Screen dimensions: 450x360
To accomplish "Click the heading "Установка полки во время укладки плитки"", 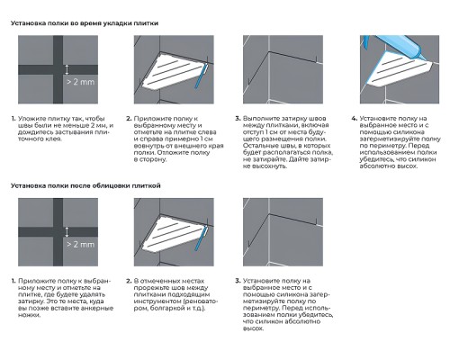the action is pos(85,23).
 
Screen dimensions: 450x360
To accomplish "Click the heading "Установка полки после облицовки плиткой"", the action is pos(85,185).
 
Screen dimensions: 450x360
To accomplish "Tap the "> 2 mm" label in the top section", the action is pos(80,82).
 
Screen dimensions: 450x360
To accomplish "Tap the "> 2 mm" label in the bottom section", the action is pos(80,244).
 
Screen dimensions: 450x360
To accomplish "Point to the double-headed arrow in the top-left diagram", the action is pos(67,69).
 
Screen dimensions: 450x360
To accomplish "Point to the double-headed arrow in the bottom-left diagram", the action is pos(67,232).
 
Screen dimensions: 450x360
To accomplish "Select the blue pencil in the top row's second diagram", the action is pos(201,76).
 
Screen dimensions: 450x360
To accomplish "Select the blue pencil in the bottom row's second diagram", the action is pos(201,238).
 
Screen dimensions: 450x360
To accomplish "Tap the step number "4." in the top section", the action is pos(354,119).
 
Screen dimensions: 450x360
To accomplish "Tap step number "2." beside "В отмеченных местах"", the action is pos(129,281).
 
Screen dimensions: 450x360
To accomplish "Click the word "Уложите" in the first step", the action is pos(30,119).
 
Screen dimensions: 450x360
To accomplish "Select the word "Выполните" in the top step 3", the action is pos(258,119).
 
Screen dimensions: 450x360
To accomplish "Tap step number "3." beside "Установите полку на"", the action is pos(238,281).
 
